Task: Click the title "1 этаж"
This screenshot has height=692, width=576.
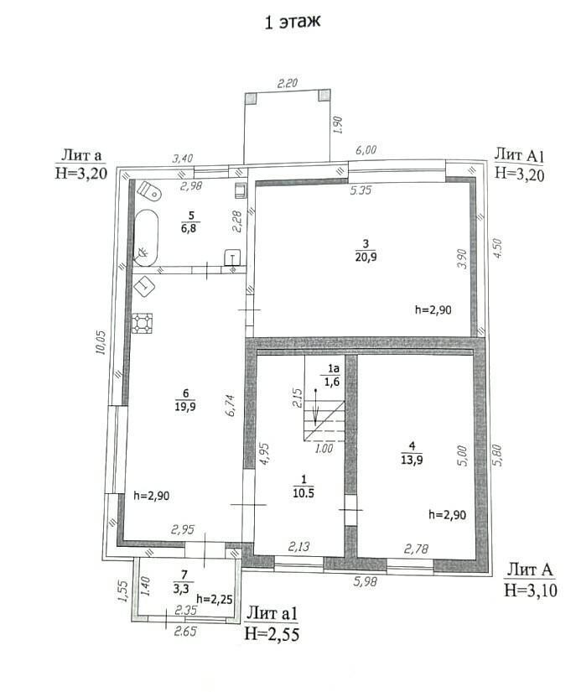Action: point(292,22)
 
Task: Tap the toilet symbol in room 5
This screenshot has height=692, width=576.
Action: point(149,190)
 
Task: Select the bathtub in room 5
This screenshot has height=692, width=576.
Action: point(146,238)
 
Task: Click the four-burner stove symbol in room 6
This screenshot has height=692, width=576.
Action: point(142,323)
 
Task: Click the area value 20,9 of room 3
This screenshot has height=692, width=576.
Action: point(366,257)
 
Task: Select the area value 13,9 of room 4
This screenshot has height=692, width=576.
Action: point(412,460)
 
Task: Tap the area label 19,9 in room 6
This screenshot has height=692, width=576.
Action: point(185,406)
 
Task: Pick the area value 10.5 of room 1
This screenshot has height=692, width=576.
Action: point(304,493)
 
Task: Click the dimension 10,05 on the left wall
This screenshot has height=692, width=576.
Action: point(101,342)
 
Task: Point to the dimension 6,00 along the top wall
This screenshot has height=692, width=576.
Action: point(366,150)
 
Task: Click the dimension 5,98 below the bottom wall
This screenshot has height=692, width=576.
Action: point(366,581)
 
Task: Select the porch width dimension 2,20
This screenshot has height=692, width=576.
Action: point(288,83)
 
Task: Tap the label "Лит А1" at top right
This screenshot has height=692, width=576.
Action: point(519,155)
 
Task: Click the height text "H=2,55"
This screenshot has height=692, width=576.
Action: point(272,634)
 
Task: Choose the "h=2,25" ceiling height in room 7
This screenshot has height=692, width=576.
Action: point(215,600)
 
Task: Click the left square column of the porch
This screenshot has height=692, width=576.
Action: point(251,98)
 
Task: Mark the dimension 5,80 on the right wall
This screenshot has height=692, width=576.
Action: point(497,455)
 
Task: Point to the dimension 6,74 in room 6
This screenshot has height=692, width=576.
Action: point(231,406)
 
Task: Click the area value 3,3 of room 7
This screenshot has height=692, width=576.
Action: point(181,589)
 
